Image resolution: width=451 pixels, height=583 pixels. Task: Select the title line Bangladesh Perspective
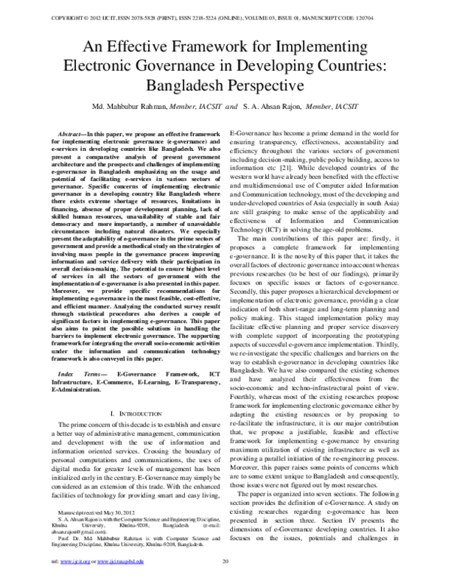pyautogui.click(x=225, y=84)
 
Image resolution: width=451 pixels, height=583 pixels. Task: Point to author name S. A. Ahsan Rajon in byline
pyautogui.click(x=281, y=106)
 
